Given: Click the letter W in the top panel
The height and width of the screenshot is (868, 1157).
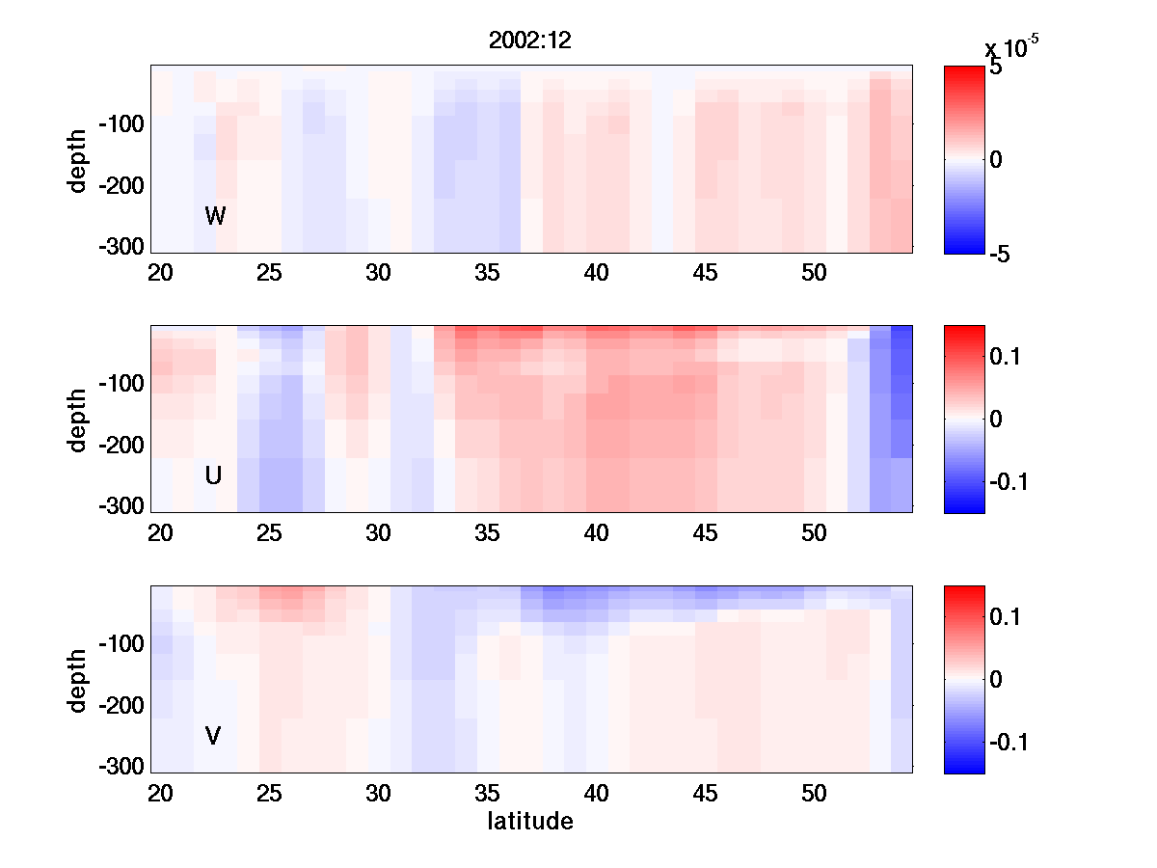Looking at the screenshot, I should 215,216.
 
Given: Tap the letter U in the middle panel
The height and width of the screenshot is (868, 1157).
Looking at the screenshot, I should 214,475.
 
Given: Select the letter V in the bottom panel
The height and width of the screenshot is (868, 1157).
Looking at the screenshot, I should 213,736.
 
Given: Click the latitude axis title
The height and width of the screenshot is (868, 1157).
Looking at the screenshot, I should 530,822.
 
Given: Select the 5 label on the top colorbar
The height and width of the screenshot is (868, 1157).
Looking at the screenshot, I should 996,68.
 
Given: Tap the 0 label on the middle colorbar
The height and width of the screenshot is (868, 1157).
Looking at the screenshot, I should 997,419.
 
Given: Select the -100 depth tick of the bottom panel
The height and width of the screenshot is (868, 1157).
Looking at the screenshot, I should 121,643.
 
